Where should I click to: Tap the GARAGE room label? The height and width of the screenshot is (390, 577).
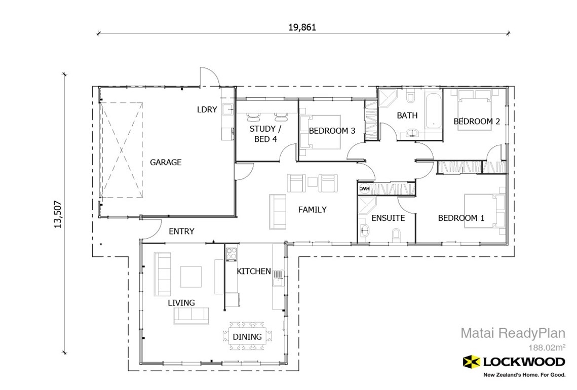pyautogui.click(x=165, y=163)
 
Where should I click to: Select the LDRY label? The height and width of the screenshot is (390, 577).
pyautogui.click(x=207, y=109)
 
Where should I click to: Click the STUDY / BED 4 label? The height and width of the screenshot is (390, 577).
pyautogui.click(x=262, y=134)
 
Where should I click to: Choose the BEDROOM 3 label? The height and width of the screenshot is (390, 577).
pyautogui.click(x=332, y=131)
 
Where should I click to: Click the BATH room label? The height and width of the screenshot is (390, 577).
pyautogui.click(x=407, y=115)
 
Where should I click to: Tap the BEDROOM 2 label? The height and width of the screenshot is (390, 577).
pyautogui.click(x=476, y=122)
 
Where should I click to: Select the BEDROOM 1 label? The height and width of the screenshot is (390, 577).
pyautogui.click(x=461, y=218)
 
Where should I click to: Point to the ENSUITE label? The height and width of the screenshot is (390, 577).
pyautogui.click(x=388, y=218)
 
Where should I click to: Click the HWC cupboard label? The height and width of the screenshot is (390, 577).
pyautogui.click(x=364, y=188)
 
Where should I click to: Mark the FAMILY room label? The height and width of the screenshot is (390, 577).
pyautogui.click(x=312, y=209)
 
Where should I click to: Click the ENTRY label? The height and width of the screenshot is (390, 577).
pyautogui.click(x=181, y=231)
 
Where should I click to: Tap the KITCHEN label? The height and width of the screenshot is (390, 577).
pyautogui.click(x=254, y=271)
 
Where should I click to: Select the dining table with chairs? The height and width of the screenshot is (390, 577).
pyautogui.click(x=247, y=336)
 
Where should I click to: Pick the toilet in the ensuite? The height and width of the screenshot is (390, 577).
pyautogui.click(x=397, y=234)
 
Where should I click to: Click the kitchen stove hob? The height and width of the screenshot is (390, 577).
pyautogui.click(x=232, y=253)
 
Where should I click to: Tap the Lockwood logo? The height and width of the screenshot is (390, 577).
pyautogui.click(x=514, y=362)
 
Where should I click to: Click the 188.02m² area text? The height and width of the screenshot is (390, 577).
pyautogui.click(x=546, y=347)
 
